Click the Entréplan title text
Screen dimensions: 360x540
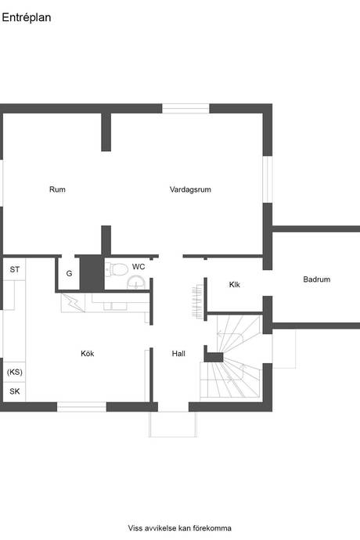pos(27,18)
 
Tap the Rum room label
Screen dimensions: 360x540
pos(57,189)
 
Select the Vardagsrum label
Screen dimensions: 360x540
pos(190,189)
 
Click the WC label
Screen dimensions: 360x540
pos(139,267)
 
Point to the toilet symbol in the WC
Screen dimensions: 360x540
pos(117,269)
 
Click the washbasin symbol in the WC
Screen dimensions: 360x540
pos(136,283)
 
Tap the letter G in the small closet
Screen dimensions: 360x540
pos(69,273)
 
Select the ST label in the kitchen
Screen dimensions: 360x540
pos(14,270)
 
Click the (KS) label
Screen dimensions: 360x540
pos(14,372)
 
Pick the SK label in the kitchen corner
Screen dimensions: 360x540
pos(14,391)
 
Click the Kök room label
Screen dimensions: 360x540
pos(88,353)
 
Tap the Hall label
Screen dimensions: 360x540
pos(178,353)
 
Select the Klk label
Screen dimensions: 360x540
pos(234,284)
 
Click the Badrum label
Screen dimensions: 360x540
pos(317,279)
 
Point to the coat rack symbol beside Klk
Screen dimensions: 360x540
pos(197,301)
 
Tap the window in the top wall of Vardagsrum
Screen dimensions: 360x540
pos(185,109)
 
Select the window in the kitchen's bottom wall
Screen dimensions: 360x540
pos(81,407)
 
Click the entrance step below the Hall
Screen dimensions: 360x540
pos(173,424)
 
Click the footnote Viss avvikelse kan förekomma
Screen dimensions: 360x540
pos(180,528)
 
